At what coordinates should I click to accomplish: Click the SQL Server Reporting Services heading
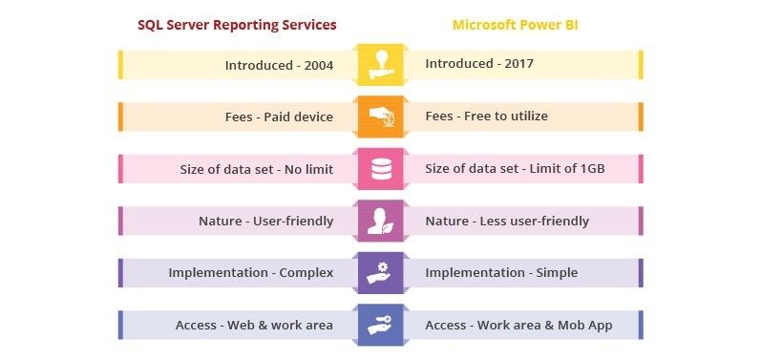tap(237, 25)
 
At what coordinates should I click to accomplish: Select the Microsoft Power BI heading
tap(516, 25)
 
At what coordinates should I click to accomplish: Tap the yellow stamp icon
tap(381, 65)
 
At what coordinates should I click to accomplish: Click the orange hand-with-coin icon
tap(381, 116)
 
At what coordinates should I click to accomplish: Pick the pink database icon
tap(381, 169)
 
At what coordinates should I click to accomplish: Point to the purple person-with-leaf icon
tap(381, 221)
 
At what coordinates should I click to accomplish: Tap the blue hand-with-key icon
tap(381, 325)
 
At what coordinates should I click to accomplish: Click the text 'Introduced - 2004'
tap(279, 65)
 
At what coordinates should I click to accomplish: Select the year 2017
tap(518, 64)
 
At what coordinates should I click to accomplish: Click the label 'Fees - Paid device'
tap(279, 116)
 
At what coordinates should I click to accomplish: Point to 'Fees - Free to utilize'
tap(486, 116)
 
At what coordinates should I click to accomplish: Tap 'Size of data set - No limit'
tap(257, 169)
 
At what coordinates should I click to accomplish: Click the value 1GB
tap(592, 169)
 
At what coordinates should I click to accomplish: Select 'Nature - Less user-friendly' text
tap(507, 222)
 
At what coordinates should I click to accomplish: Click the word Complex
tap(307, 273)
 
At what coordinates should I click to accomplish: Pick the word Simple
tap(557, 273)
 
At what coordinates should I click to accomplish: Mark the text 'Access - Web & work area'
tap(254, 325)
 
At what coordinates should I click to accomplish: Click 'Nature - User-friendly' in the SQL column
tap(266, 222)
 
